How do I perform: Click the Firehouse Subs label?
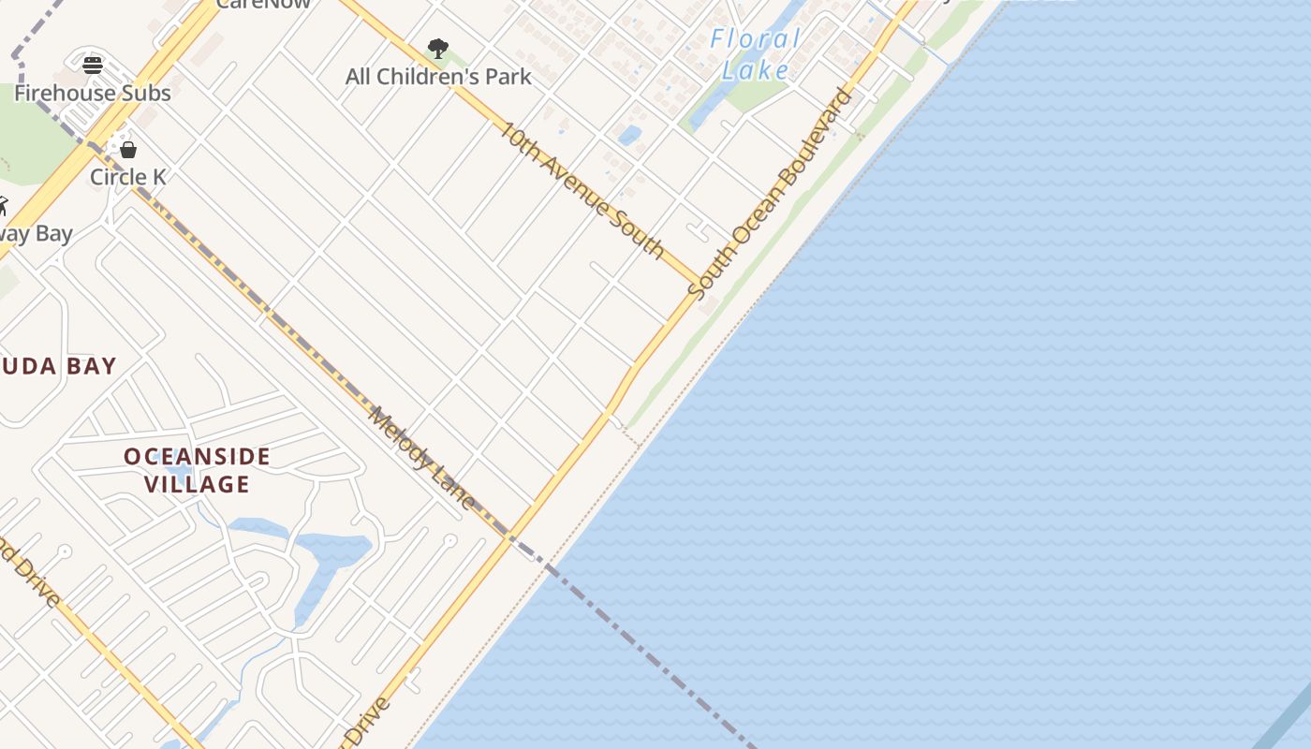pyautogui.click(x=93, y=93)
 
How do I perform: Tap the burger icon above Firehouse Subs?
pyautogui.click(x=92, y=65)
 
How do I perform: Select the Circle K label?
pyautogui.click(x=128, y=176)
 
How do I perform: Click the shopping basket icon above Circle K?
pyautogui.click(x=128, y=150)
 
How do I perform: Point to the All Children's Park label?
pyautogui.click(x=438, y=77)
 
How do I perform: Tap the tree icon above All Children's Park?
pyautogui.click(x=437, y=48)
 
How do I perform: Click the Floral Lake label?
pyautogui.click(x=756, y=54)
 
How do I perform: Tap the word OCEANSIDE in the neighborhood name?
pyautogui.click(x=198, y=457)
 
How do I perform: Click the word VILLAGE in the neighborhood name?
pyautogui.click(x=198, y=484)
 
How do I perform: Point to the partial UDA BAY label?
pyautogui.click(x=58, y=366)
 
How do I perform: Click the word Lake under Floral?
pyautogui.click(x=756, y=69)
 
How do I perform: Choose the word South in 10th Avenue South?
pyautogui.click(x=640, y=233)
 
